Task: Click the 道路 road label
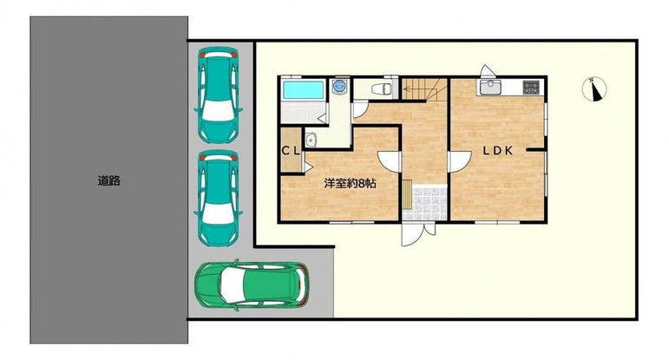click(x=108, y=180)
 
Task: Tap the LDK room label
click(x=497, y=150)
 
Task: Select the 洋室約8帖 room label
click(x=350, y=184)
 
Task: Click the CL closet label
click(x=291, y=151)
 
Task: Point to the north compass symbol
click(x=594, y=89)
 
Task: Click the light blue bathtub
click(x=304, y=89)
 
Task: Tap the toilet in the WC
click(x=382, y=88)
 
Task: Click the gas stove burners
click(x=531, y=88)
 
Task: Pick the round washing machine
click(x=340, y=85)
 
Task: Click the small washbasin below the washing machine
click(x=311, y=139)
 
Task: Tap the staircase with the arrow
click(x=424, y=88)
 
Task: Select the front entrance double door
click(x=418, y=232)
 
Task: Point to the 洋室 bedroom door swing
click(x=389, y=161)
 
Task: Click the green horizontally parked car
click(x=252, y=285)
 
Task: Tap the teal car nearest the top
click(x=218, y=95)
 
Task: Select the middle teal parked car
click(x=218, y=198)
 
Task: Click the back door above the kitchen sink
click(x=487, y=71)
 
